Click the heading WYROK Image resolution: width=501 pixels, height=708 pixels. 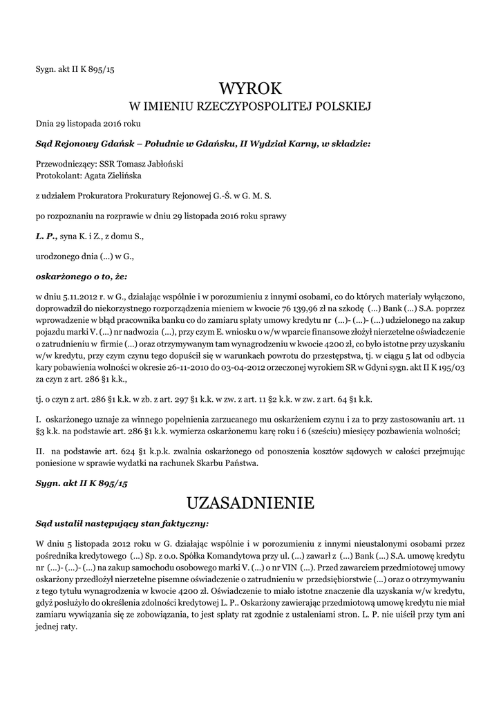(250, 88)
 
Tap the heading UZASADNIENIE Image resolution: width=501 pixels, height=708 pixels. (250, 501)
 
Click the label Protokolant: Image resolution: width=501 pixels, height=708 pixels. (59, 176)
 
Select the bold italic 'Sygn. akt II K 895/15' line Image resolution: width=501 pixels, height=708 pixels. (82, 483)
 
